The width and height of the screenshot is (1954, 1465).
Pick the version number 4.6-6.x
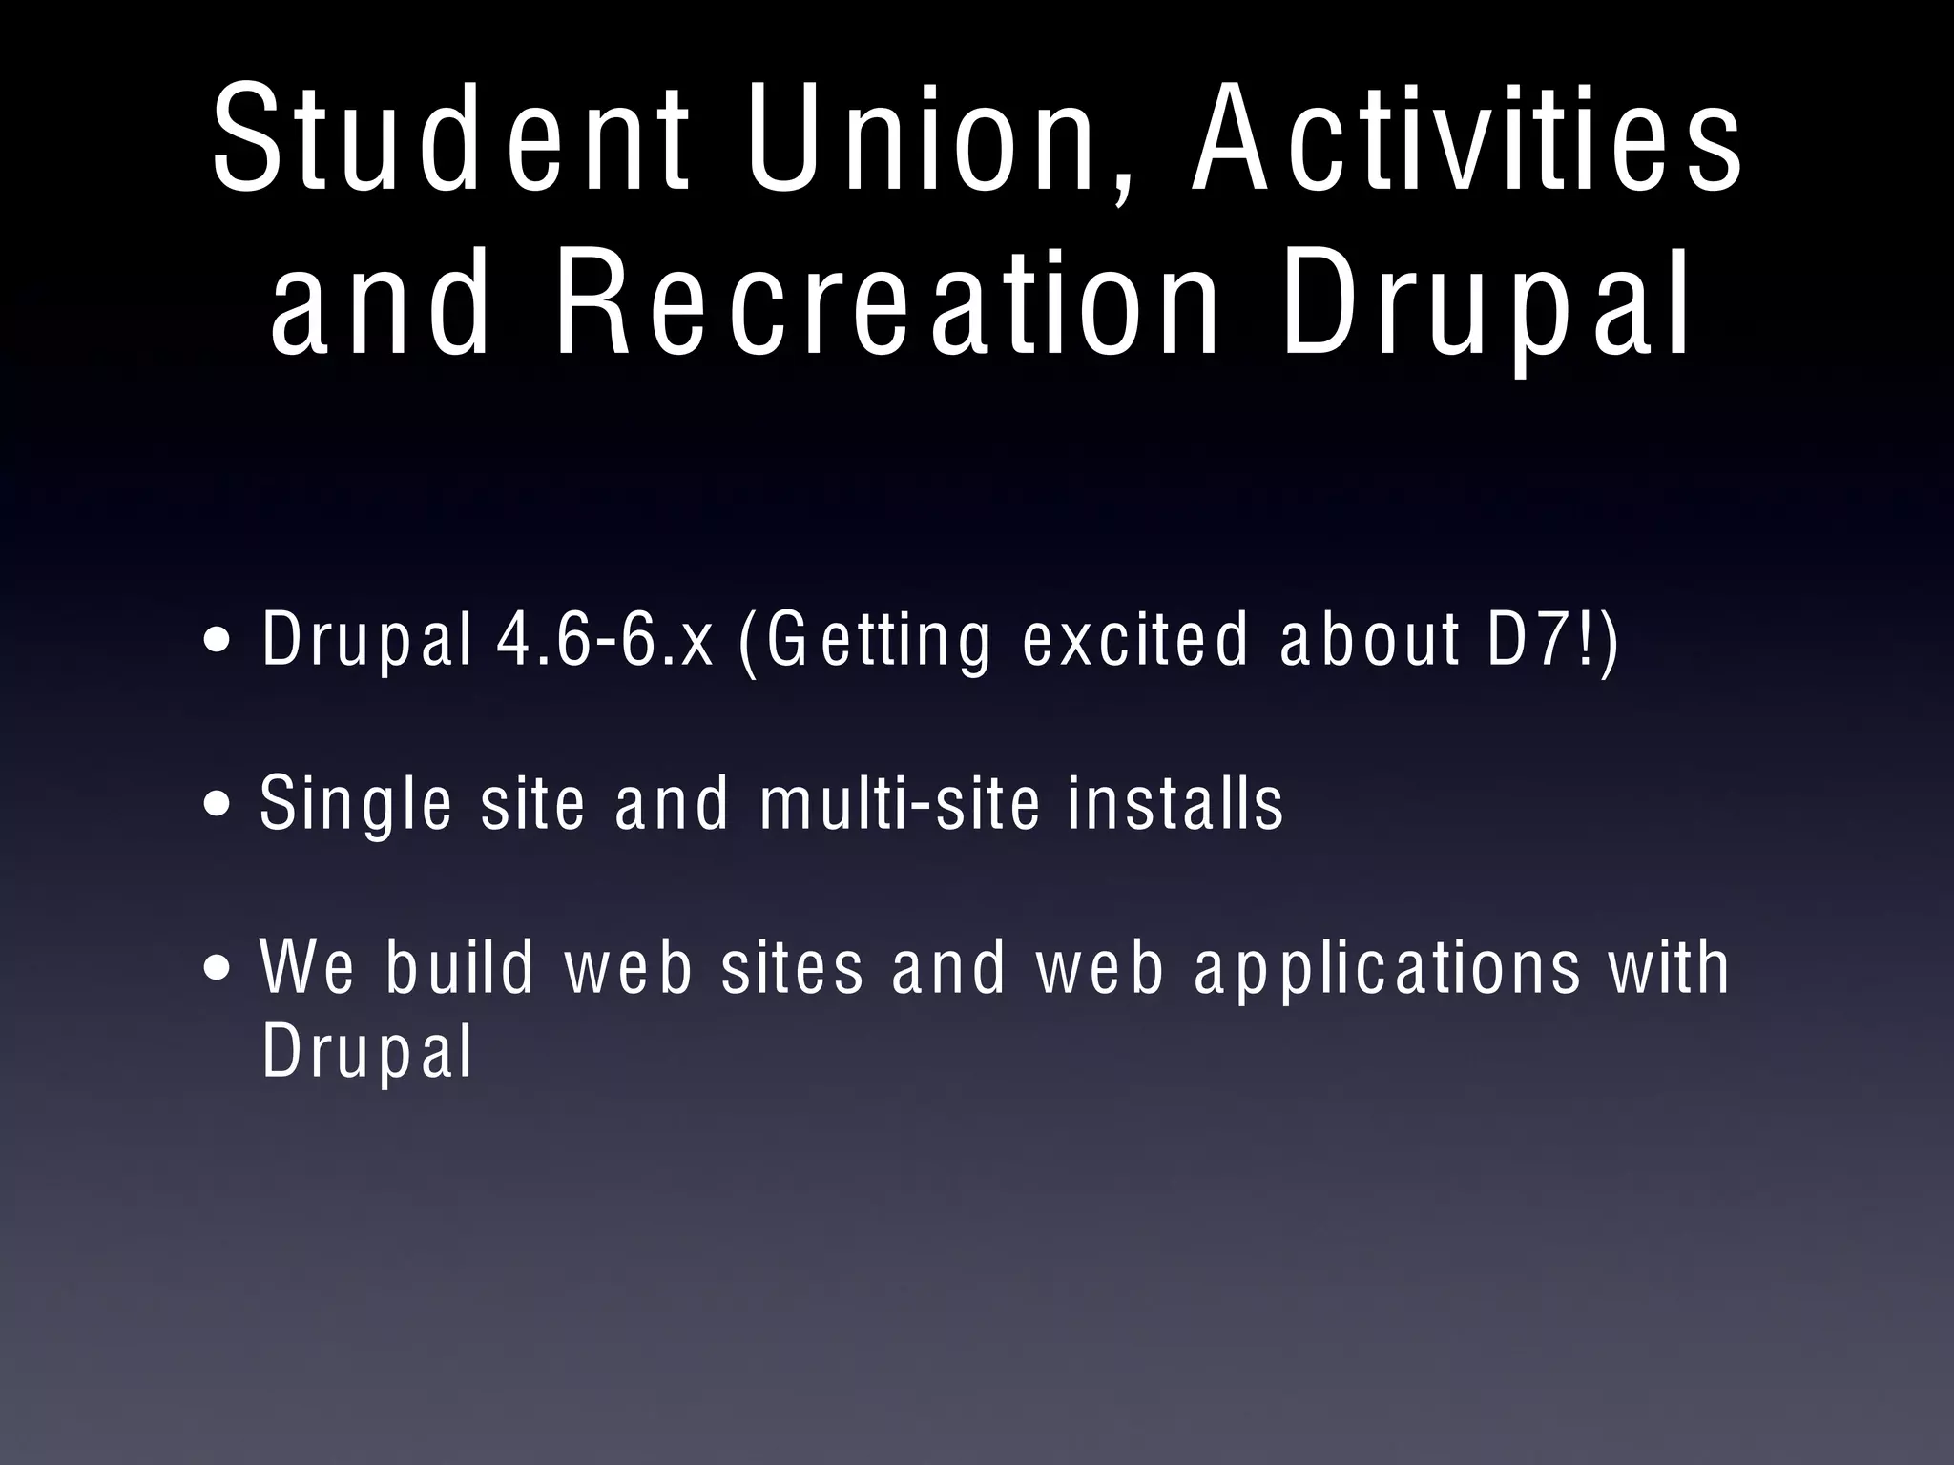click(x=605, y=640)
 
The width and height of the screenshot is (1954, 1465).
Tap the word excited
click(x=1135, y=640)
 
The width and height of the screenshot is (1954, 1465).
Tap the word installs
click(x=1176, y=803)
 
